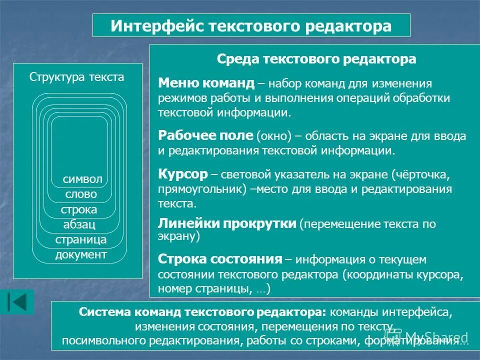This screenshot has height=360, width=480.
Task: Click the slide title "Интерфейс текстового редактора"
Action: [251, 25]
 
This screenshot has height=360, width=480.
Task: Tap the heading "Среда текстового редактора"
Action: [316, 59]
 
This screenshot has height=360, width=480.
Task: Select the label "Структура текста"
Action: [77, 77]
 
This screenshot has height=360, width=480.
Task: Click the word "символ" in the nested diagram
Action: [82, 179]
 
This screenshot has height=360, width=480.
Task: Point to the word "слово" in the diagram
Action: [81, 194]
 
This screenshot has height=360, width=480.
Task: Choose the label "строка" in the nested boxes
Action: [79, 209]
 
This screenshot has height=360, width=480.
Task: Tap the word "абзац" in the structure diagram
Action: [79, 224]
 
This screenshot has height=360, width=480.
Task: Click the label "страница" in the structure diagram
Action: [81, 239]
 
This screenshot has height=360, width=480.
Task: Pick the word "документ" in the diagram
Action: [81, 255]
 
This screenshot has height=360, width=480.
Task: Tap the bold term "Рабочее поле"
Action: [206, 135]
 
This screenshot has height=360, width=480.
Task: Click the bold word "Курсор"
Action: [182, 174]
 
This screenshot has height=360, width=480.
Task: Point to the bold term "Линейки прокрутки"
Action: [227, 223]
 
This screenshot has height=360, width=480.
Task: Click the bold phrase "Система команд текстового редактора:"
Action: [202, 312]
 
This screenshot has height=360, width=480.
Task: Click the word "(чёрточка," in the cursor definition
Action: [423, 175]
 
